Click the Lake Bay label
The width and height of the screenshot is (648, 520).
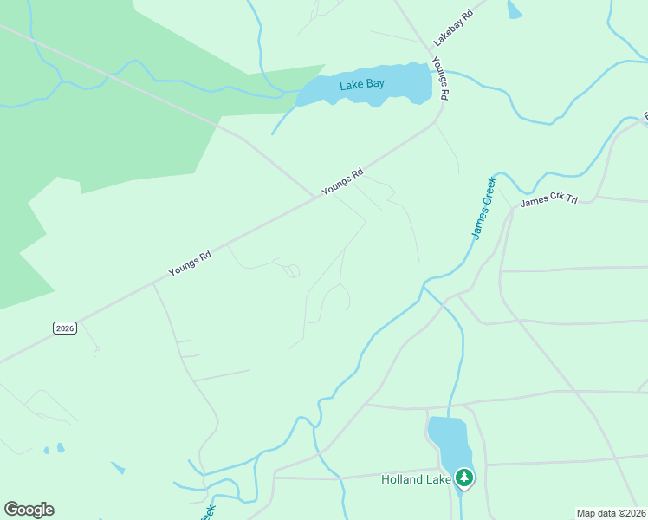tap(362, 84)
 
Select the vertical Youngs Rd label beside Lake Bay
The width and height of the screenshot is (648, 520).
tap(442, 77)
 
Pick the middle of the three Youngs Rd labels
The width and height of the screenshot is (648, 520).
tap(342, 182)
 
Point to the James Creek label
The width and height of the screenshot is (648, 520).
tap(483, 207)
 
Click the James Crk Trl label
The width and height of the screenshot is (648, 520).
tap(548, 201)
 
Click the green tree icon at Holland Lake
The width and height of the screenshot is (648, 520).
tap(465, 478)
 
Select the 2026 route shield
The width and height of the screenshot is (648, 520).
tap(65, 328)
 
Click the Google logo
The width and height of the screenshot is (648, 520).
tap(29, 510)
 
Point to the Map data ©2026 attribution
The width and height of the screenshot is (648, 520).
tap(612, 513)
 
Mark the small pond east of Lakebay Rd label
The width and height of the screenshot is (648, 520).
tap(515, 10)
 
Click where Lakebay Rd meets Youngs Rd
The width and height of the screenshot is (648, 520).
tap(434, 60)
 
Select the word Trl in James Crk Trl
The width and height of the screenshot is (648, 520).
tap(570, 198)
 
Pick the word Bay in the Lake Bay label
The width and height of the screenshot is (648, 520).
tap(374, 84)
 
